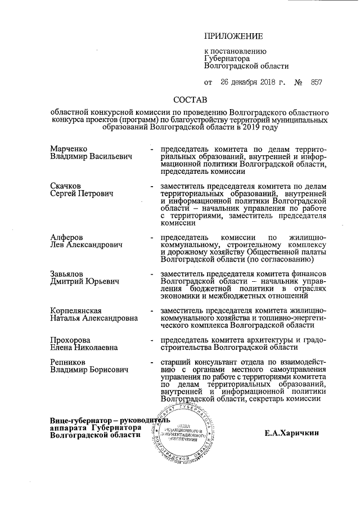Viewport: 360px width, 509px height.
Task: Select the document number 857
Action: point(316,82)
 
